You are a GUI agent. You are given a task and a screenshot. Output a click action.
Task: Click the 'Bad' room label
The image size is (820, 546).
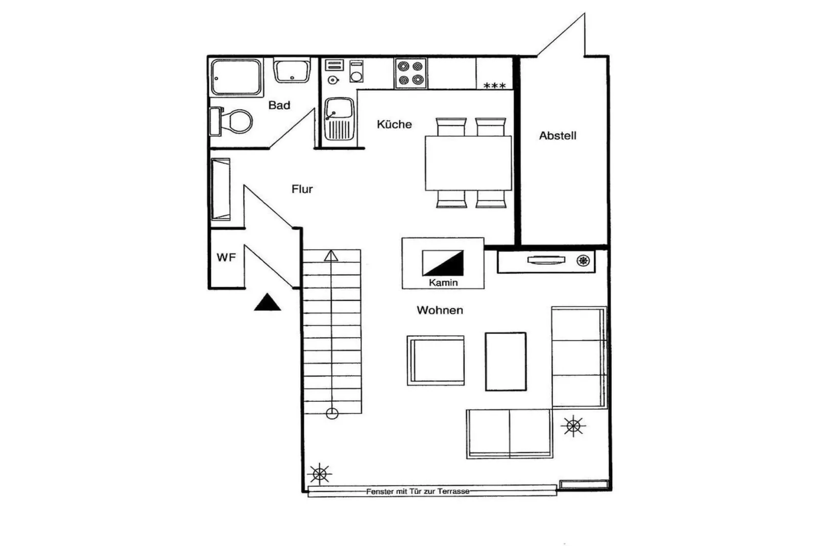click(279, 105)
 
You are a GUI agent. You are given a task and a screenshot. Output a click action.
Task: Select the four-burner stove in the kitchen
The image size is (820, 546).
click(411, 73)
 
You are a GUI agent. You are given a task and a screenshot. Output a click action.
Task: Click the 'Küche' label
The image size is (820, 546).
click(394, 124)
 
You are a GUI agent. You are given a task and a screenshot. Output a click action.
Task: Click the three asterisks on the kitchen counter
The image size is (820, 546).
click(494, 86)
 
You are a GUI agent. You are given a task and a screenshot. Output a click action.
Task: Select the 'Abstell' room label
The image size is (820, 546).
click(557, 136)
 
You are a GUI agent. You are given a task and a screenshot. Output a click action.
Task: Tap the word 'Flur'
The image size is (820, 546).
click(302, 189)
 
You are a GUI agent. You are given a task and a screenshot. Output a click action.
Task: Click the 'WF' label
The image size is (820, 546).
click(226, 258)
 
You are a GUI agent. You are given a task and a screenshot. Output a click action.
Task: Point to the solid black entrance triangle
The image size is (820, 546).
click(267, 303)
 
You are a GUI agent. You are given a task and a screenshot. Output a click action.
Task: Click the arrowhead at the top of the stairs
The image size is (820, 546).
click(331, 256)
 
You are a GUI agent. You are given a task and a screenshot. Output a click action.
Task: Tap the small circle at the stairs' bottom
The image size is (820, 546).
click(332, 414)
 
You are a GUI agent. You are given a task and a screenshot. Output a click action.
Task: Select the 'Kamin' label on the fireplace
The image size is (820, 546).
click(443, 283)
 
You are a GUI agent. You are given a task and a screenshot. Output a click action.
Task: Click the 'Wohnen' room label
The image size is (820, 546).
click(440, 310)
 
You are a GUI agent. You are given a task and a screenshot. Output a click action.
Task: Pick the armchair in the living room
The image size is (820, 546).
click(436, 360)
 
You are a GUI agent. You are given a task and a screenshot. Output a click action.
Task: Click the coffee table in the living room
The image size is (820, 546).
click(505, 361)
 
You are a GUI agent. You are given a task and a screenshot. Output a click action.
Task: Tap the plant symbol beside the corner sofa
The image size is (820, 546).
click(573, 426)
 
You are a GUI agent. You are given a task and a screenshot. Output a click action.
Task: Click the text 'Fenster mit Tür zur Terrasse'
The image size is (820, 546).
click(417, 491)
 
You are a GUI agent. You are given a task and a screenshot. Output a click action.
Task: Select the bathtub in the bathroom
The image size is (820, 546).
click(236, 77)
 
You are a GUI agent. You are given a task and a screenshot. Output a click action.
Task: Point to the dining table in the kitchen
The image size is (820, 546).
click(468, 163)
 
